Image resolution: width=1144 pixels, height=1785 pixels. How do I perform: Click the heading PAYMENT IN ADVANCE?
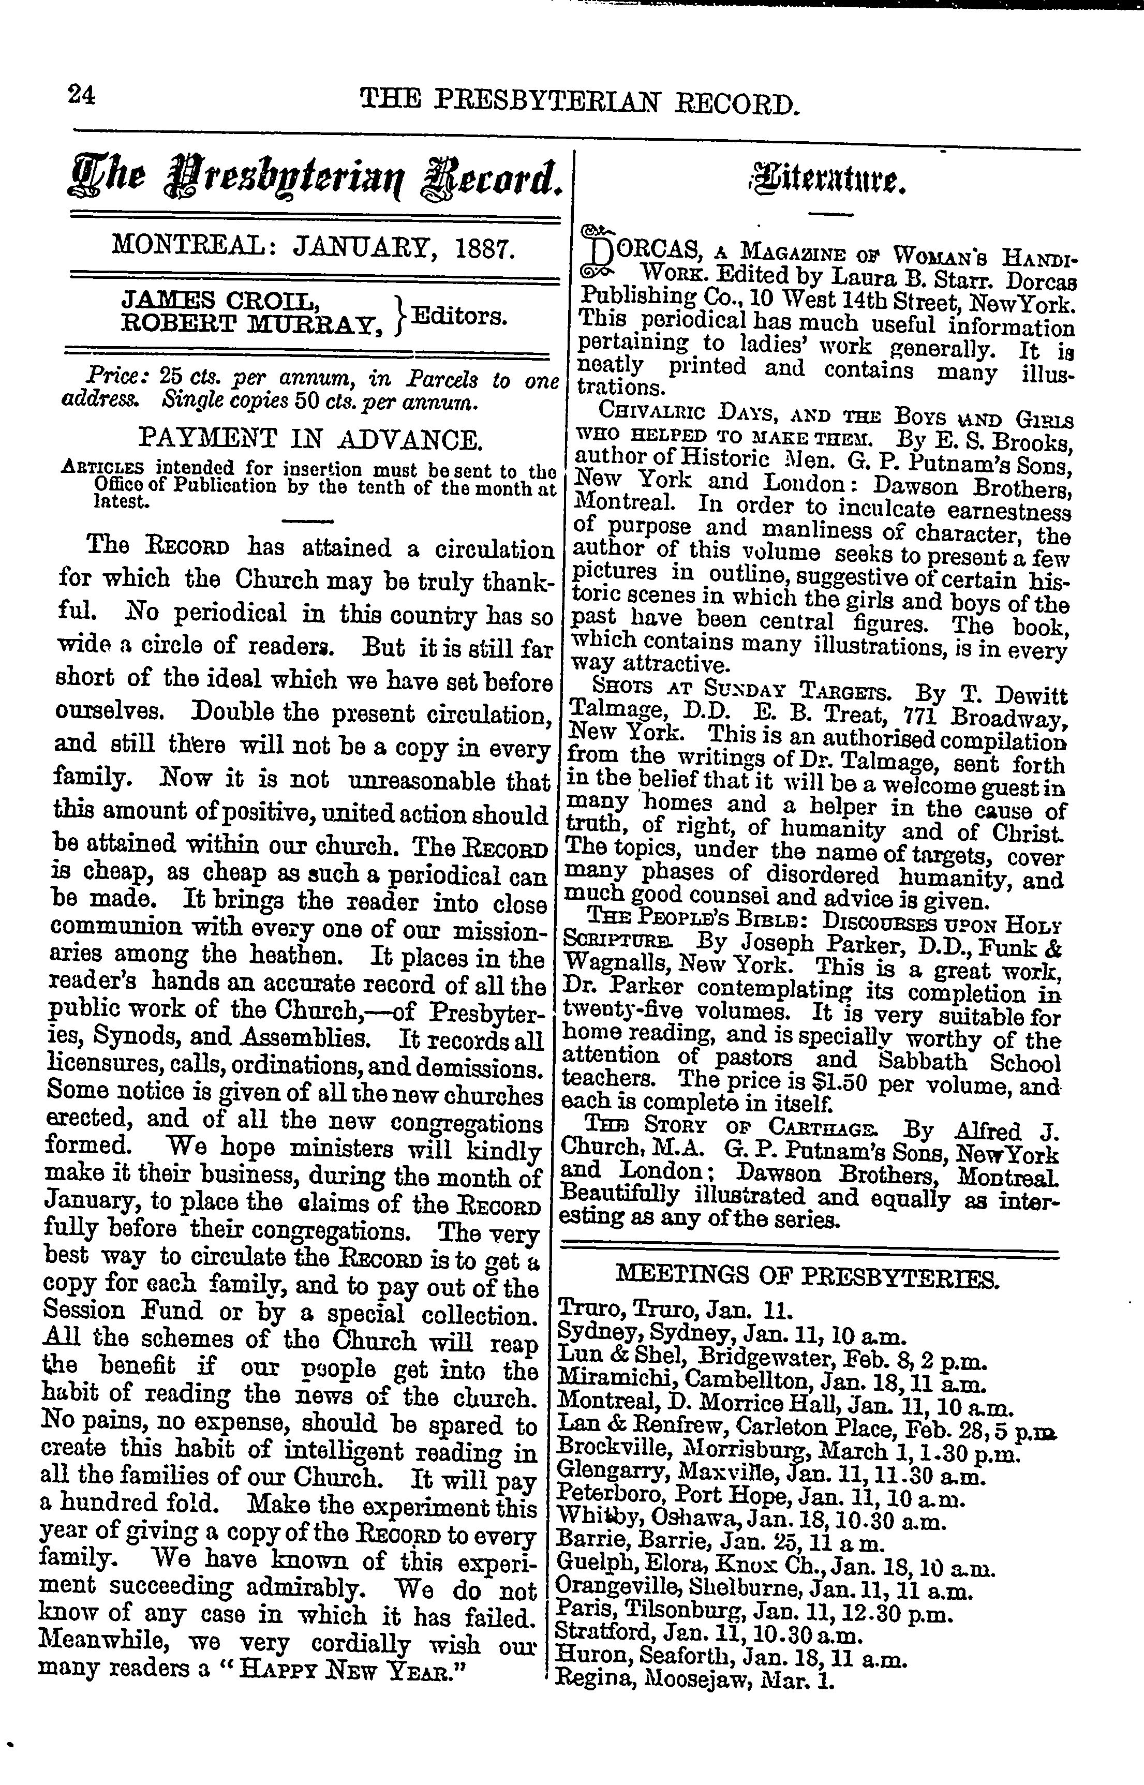[310, 440]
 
